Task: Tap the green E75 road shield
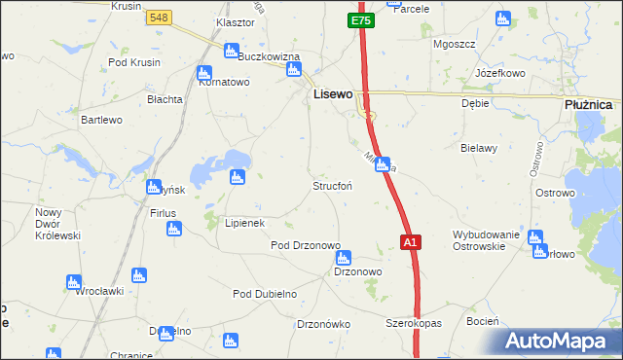pyautogui.click(x=360, y=20)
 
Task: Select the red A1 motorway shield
pyautogui.click(x=411, y=242)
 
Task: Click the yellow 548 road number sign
pyautogui.click(x=160, y=18)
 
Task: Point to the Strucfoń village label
pyautogui.click(x=332, y=185)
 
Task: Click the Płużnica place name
pyautogui.click(x=588, y=104)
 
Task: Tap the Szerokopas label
pyautogui.click(x=414, y=322)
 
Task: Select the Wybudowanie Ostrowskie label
pyautogui.click(x=488, y=240)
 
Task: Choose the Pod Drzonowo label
pyautogui.click(x=305, y=245)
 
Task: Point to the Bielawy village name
pyautogui.click(x=479, y=148)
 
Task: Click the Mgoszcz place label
pyautogui.click(x=453, y=44)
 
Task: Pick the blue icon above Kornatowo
pyautogui.click(x=204, y=72)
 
